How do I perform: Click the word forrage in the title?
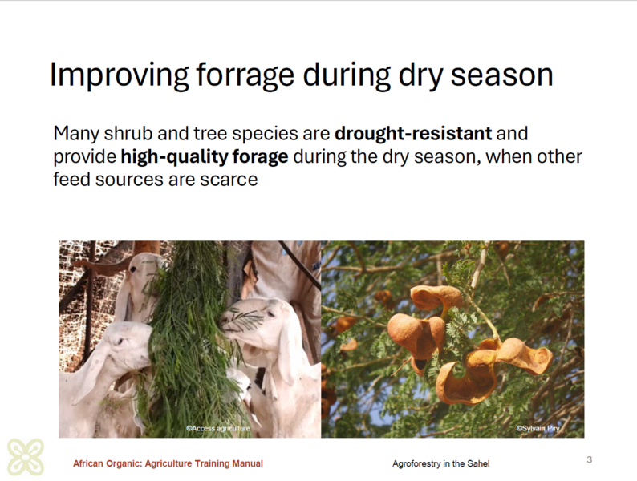pyautogui.click(x=245, y=75)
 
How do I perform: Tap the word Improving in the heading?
pyautogui.click(x=119, y=75)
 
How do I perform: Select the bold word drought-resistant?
pyautogui.click(x=413, y=134)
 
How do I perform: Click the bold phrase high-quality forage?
pyautogui.click(x=205, y=157)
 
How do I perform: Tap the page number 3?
pyautogui.click(x=590, y=459)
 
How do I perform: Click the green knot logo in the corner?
pyautogui.click(x=26, y=457)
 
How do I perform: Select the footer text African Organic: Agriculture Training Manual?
pyautogui.click(x=168, y=463)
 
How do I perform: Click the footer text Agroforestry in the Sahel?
pyautogui.click(x=440, y=463)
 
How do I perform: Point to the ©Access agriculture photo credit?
pyautogui.click(x=218, y=428)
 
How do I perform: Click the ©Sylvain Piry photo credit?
pyautogui.click(x=538, y=428)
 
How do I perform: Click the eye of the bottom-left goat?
pyautogui.click(x=118, y=342)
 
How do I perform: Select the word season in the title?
pyautogui.click(x=501, y=75)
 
